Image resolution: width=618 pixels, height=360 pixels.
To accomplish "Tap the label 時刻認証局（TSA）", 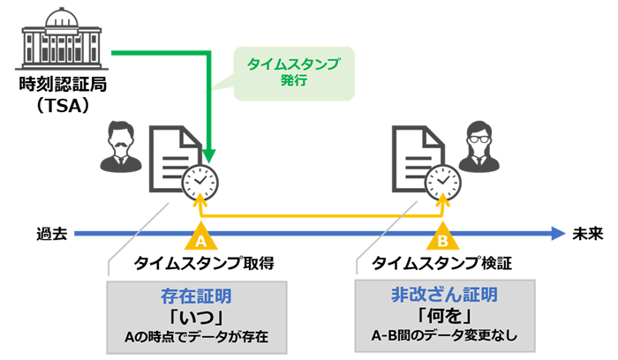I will point(56,98).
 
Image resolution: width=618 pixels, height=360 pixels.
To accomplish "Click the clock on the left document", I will point(200,181).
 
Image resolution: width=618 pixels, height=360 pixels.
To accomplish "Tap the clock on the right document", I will point(441,181).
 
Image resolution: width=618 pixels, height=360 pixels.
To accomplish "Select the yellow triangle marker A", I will point(200,238).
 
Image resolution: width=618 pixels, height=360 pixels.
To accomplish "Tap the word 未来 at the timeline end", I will point(586,234).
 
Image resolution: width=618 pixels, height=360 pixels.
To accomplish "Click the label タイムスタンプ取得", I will point(204,263).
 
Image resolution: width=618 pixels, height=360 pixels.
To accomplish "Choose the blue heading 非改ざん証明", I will point(445,294).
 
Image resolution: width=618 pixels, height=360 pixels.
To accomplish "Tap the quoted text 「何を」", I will point(445,315).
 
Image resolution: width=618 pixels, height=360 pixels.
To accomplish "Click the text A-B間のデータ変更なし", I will point(445,335).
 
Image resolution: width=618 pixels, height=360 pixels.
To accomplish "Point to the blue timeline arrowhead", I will point(557,234).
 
